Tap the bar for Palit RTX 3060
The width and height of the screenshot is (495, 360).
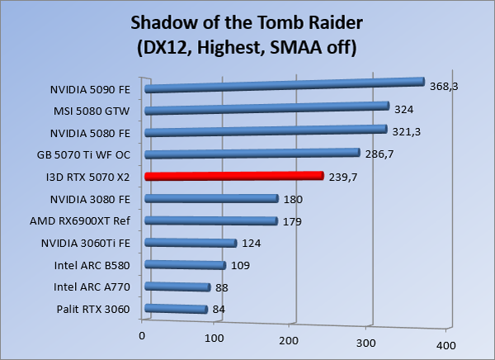pyautogui.click(x=176, y=310)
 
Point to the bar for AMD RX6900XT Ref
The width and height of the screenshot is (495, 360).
pyautogui.click(x=210, y=221)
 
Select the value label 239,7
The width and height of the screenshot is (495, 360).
pyautogui.click(x=344, y=176)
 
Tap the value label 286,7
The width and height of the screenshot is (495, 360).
pyautogui.click(x=380, y=154)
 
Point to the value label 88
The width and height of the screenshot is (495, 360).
pyautogui.click(x=221, y=287)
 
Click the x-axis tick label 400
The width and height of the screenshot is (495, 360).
pyautogui.click(x=445, y=344)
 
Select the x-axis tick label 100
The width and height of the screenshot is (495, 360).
pyautogui.click(x=214, y=339)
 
